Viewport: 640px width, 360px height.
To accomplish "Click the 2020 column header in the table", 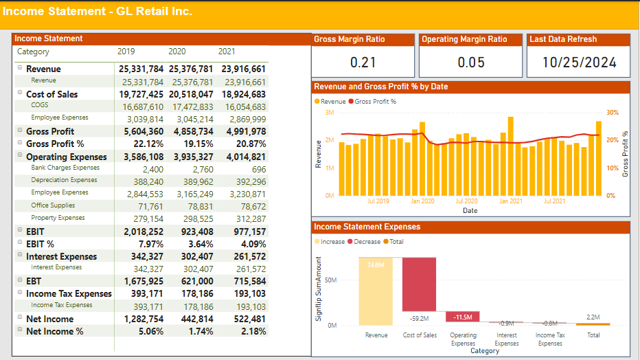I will [177, 52].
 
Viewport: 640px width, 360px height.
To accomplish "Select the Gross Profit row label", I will [50, 131].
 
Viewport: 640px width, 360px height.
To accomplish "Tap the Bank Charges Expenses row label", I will [65, 168].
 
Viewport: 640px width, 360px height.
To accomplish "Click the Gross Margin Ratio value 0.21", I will [363, 63].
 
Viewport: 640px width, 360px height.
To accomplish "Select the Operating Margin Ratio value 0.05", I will [471, 63].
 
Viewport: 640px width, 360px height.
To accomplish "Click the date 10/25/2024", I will [579, 63].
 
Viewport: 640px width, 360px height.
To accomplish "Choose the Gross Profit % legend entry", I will [375, 102].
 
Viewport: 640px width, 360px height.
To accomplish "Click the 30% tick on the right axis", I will [612, 113].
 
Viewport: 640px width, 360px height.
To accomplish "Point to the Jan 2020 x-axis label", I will [423, 201].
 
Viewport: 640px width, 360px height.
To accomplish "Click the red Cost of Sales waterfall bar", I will [419, 284].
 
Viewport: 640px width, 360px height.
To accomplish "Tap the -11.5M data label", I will [463, 317].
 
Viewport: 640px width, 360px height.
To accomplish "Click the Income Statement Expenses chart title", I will [367, 227].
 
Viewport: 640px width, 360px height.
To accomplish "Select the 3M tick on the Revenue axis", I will [331, 113].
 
